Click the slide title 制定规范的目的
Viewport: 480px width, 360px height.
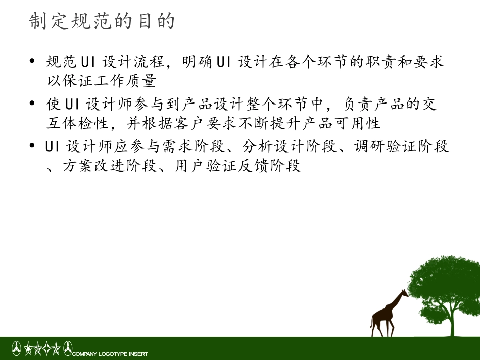click(x=103, y=21)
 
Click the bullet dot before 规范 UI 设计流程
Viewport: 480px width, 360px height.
click(x=33, y=63)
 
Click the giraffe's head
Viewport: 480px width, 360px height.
click(x=404, y=293)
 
